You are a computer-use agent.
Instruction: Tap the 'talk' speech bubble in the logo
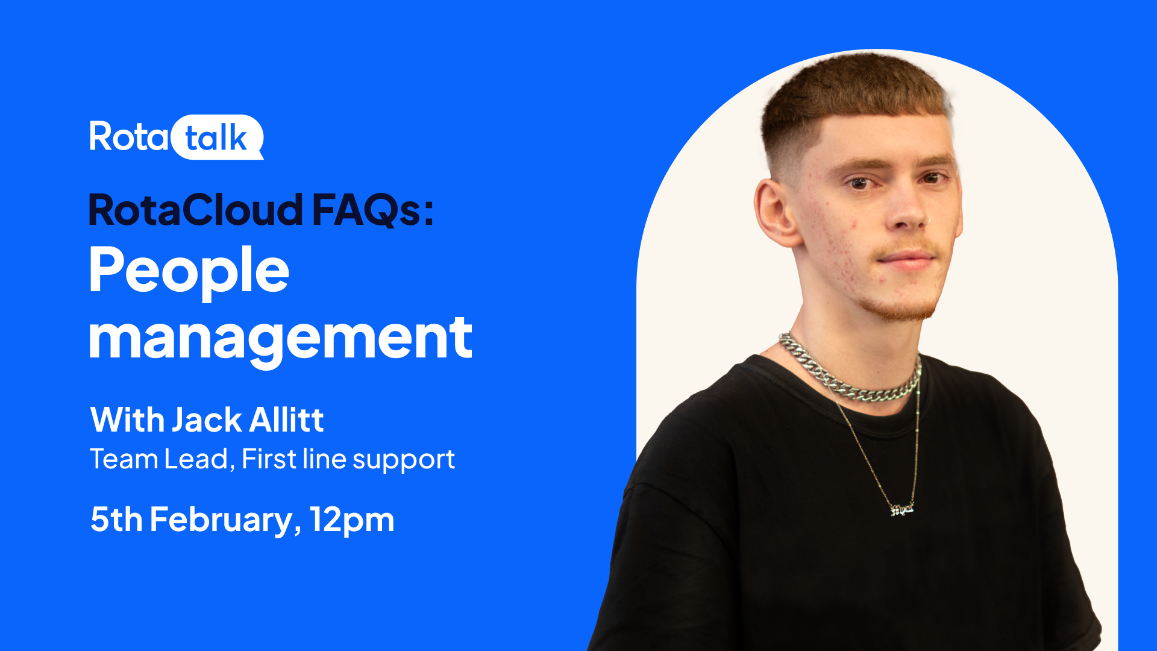tap(218, 137)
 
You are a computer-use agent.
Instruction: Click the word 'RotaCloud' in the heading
tap(196, 210)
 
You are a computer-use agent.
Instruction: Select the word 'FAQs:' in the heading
tap(373, 210)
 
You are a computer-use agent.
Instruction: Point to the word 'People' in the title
tap(189, 272)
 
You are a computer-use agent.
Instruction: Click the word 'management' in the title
tap(281, 339)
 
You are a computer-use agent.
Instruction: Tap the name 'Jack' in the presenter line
tap(207, 420)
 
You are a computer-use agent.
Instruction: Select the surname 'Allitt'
tap(286, 420)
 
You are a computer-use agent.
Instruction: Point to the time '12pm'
tap(352, 520)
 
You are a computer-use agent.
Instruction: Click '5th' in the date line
tap(116, 520)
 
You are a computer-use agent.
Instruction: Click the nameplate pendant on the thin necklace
tap(902, 509)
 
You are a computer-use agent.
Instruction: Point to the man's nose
tap(906, 208)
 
